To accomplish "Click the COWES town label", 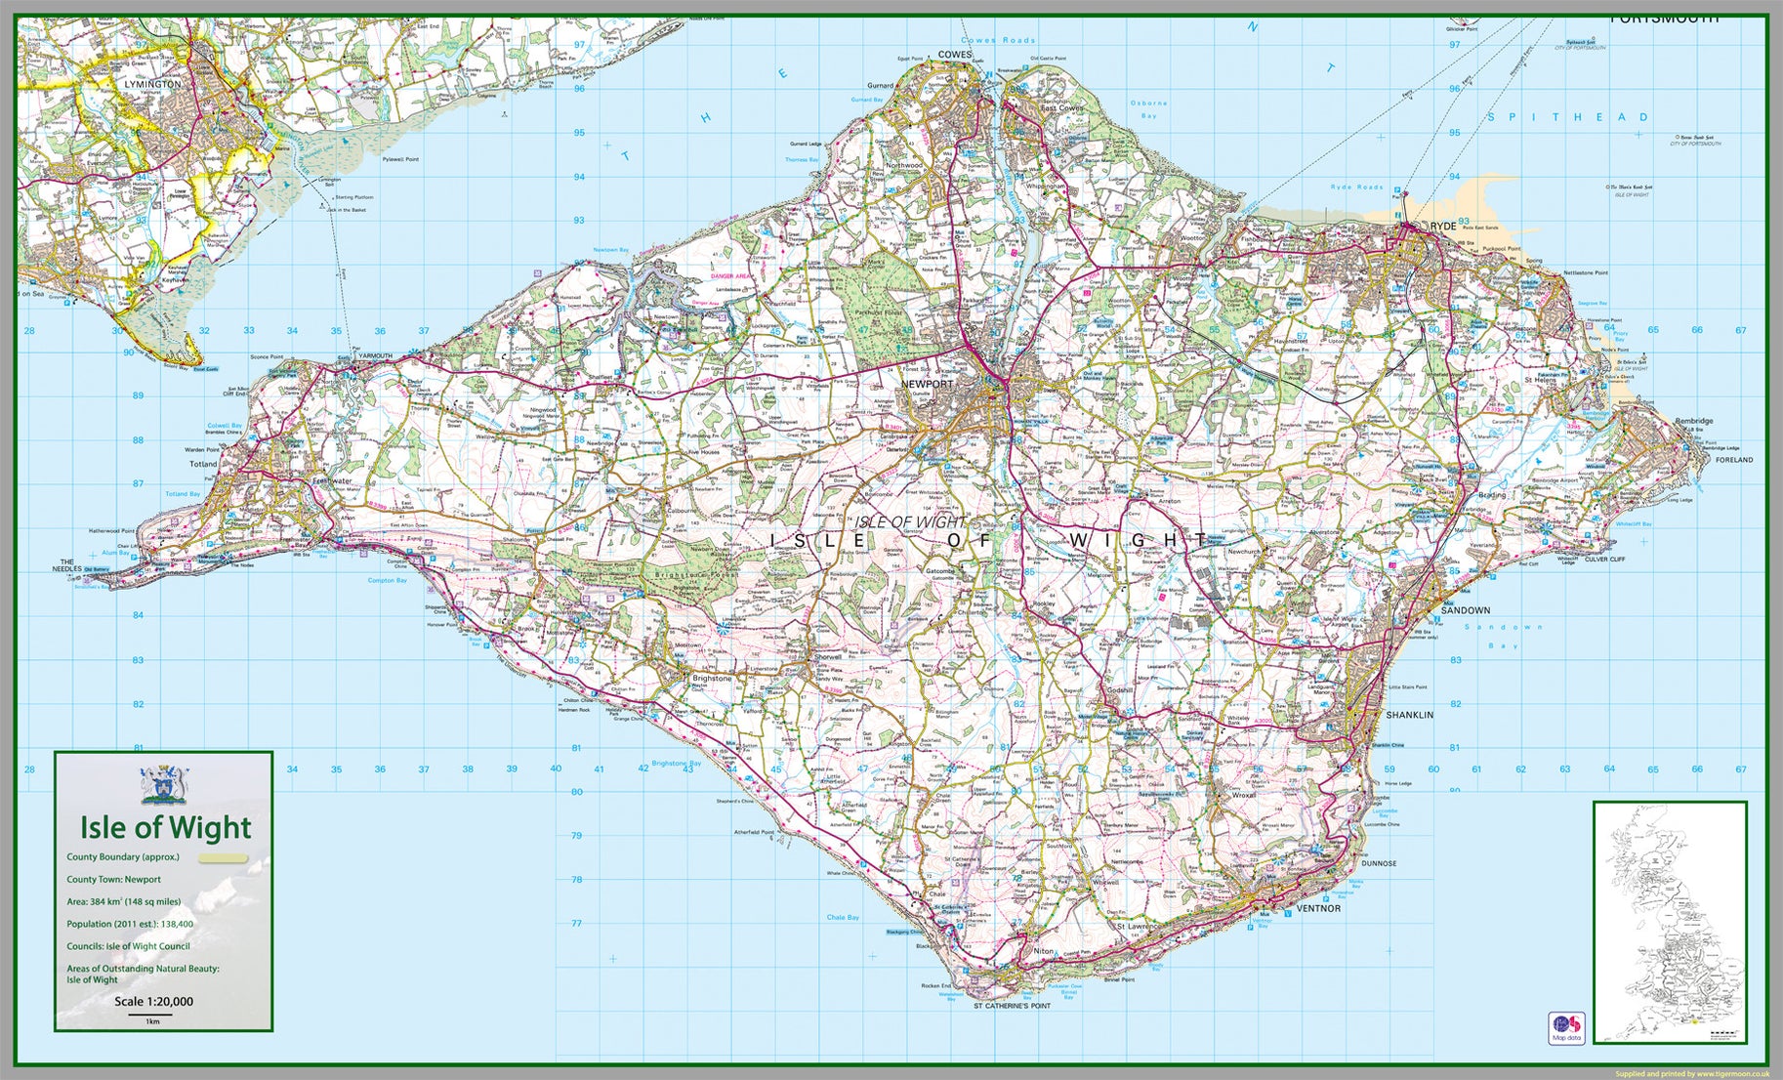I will [954, 55].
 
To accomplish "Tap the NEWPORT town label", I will [927, 384].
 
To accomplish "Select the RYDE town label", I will [1442, 226].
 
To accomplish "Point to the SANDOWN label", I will [1465, 610].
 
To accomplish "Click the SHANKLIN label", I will [1409, 715].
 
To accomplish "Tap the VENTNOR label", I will [1317, 908].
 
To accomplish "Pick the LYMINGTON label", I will [152, 84].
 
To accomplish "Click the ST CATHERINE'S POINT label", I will [1012, 1005].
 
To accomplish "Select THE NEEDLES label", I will [67, 565].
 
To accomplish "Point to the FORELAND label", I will [1734, 459].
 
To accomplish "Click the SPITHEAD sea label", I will [1568, 117].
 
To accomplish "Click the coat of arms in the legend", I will [163, 784].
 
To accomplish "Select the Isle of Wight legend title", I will [165, 828].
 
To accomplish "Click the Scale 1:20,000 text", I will [153, 1001].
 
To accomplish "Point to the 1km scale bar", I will [151, 1015].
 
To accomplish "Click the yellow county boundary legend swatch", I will [224, 858].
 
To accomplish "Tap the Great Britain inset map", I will [1669, 922].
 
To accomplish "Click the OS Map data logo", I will [1565, 1027].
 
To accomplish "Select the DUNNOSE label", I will [1379, 863].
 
